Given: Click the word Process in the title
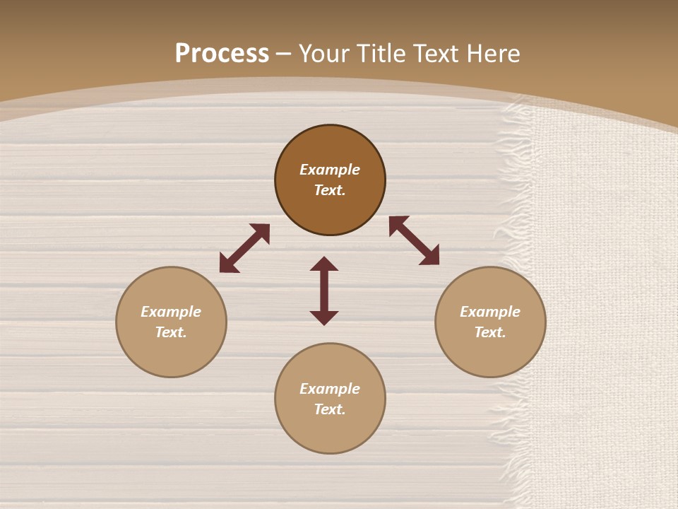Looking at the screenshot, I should pyautogui.click(x=222, y=54).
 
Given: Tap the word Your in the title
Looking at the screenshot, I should pyautogui.click(x=326, y=54).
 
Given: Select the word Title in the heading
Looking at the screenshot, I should pyautogui.click(x=383, y=54).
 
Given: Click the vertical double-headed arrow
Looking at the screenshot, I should pyautogui.click(x=324, y=291).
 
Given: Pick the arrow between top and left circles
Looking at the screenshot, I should pyautogui.click(x=244, y=248).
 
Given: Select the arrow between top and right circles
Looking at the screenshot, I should pyautogui.click(x=414, y=240).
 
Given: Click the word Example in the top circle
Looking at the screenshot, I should pyautogui.click(x=330, y=170).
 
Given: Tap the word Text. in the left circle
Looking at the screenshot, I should pyautogui.click(x=171, y=332).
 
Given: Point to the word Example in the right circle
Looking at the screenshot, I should pyautogui.click(x=490, y=312).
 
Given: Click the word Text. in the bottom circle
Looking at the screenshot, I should pyautogui.click(x=330, y=409).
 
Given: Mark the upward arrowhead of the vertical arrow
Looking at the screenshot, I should pyautogui.click(x=324, y=264).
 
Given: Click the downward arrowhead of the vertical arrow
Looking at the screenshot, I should pyautogui.click(x=324, y=317).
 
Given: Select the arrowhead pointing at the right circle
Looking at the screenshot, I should pyautogui.click(x=430, y=256).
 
